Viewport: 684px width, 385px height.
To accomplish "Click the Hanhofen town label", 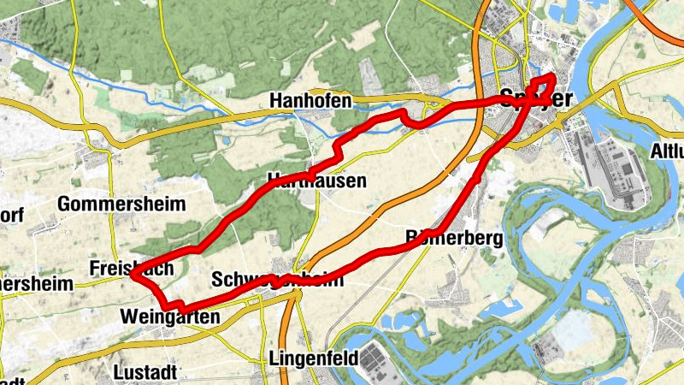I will tap(310, 101).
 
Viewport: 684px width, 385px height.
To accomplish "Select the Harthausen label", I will tap(316, 181).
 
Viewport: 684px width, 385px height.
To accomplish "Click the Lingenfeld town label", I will tap(311, 358).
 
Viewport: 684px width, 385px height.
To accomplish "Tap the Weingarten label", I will tap(171, 317).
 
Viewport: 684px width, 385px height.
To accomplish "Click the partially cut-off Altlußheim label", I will tap(667, 151).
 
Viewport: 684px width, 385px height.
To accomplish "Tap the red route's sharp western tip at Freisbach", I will tap(133, 273).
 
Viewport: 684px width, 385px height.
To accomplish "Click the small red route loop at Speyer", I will tap(542, 86).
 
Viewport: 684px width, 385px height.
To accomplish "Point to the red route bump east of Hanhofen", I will tap(410, 118).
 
